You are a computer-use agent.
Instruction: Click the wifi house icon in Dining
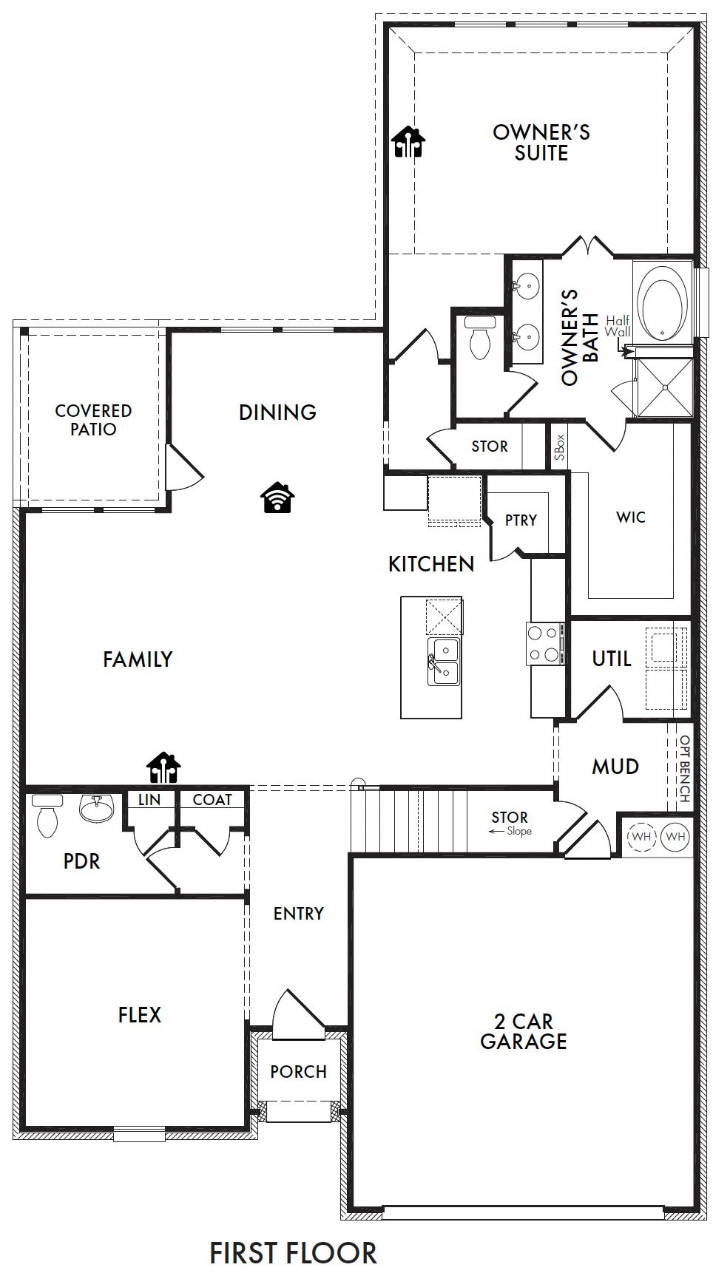(277, 498)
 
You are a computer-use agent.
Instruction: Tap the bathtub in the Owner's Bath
(662, 303)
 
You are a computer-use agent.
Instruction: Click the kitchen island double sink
(443, 662)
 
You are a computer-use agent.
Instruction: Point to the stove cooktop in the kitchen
(544, 644)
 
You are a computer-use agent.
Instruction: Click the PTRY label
(521, 520)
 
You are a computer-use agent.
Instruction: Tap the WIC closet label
(630, 517)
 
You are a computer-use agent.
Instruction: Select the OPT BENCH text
(685, 769)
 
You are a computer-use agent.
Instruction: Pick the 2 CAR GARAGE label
(523, 1031)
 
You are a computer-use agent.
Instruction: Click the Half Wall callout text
(618, 326)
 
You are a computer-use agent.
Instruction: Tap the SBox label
(559, 447)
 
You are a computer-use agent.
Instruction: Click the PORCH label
(298, 1071)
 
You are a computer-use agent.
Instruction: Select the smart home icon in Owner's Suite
(408, 142)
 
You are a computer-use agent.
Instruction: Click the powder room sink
(96, 809)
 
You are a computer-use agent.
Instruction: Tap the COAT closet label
(212, 800)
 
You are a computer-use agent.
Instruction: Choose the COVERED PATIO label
(93, 420)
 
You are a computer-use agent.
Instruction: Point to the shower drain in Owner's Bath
(664, 387)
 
